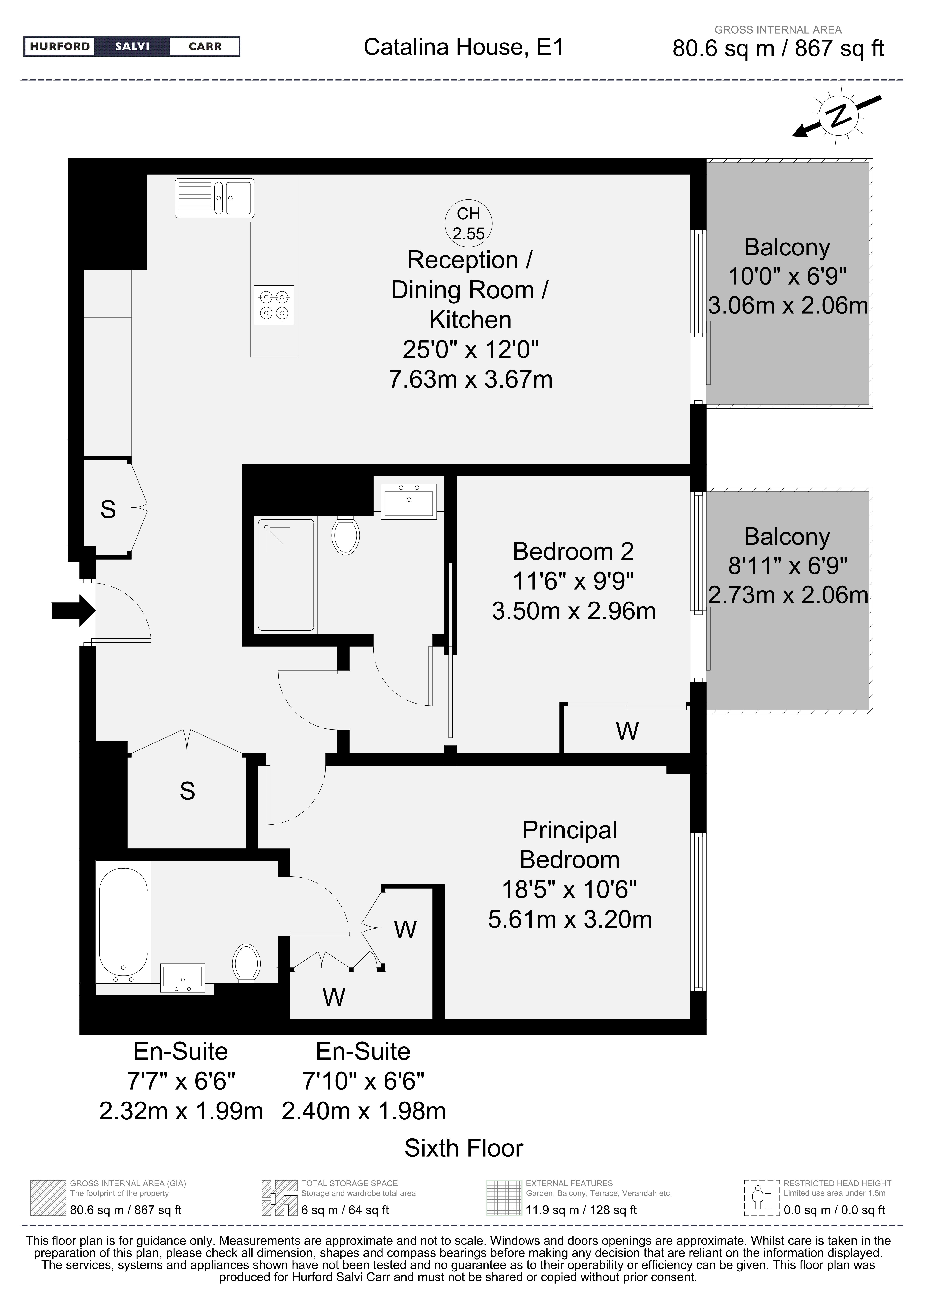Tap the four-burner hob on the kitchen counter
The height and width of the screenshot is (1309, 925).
click(274, 305)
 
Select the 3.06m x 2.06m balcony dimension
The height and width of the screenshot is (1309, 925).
click(788, 306)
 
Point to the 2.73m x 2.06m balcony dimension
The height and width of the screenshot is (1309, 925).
click(788, 595)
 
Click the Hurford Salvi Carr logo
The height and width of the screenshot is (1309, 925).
click(132, 46)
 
